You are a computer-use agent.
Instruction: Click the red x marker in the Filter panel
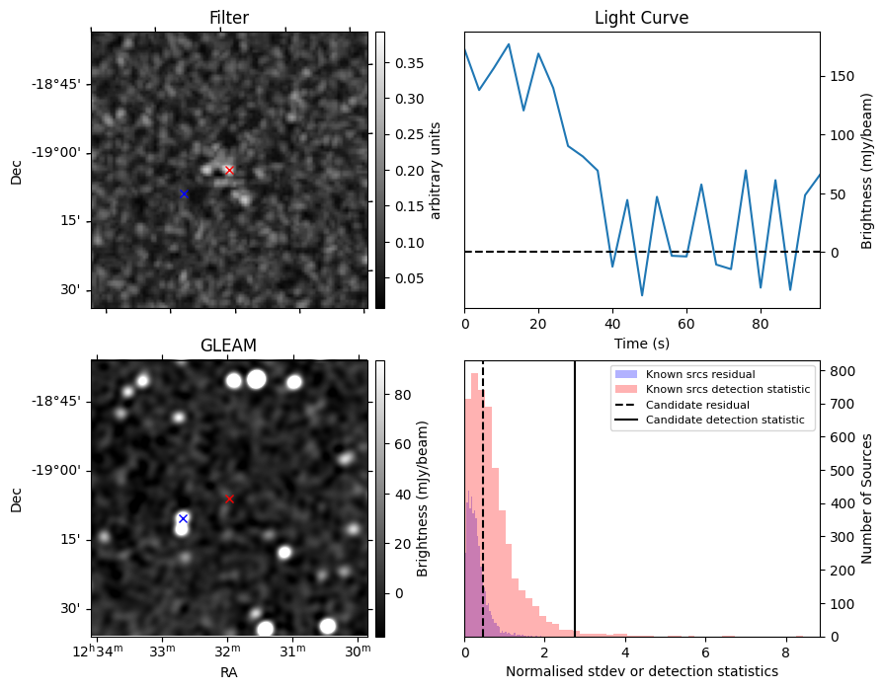click(x=229, y=170)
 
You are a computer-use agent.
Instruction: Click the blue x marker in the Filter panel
click(x=184, y=193)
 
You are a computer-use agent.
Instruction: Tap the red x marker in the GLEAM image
click(x=229, y=498)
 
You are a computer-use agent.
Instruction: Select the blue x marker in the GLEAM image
click(x=183, y=518)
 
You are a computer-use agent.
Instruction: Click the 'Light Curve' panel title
click(x=641, y=18)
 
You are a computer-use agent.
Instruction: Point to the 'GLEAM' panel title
click(x=228, y=345)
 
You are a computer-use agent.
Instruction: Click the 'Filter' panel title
click(x=229, y=18)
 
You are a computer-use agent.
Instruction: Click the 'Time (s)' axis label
click(x=642, y=341)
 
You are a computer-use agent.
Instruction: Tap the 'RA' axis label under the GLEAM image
click(x=229, y=672)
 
